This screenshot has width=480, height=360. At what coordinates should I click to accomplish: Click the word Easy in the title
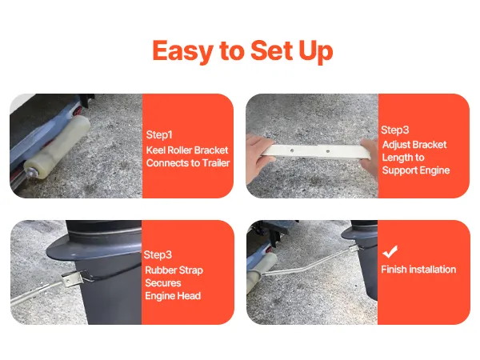tap(182, 51)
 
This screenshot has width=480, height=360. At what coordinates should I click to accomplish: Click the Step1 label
tap(159, 134)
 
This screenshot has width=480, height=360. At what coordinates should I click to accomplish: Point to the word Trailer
tap(216, 163)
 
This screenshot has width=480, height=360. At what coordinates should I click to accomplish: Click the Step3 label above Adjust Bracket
tap(395, 130)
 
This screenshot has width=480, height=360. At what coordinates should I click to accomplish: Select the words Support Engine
tap(416, 170)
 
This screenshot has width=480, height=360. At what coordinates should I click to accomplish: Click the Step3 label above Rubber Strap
tap(158, 254)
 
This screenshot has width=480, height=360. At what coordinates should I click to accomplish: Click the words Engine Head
tap(173, 296)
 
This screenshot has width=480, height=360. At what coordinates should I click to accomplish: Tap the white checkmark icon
tap(390, 252)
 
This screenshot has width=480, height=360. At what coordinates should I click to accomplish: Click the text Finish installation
tap(418, 270)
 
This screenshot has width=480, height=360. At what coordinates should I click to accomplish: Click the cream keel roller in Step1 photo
tap(58, 146)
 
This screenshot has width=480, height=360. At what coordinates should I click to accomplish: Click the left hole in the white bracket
tap(292, 150)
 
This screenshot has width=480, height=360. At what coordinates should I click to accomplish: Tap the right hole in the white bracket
tap(327, 151)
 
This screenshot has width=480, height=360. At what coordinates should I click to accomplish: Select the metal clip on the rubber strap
tap(73, 278)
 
